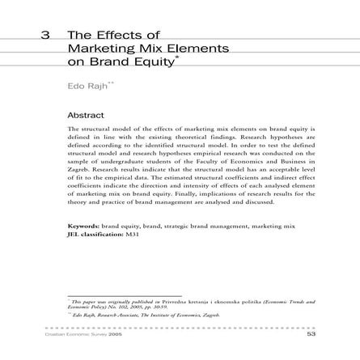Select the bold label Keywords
(83, 219)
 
